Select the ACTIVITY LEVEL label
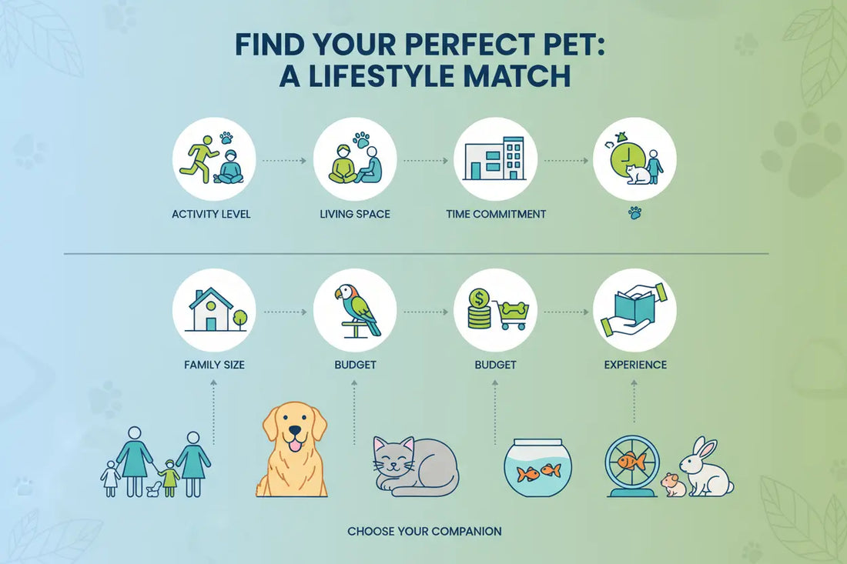click(x=211, y=214)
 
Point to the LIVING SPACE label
click(x=355, y=214)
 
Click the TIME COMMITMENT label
click(x=496, y=214)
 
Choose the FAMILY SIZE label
click(x=214, y=364)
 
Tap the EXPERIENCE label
click(x=635, y=364)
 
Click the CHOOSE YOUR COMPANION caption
click(x=424, y=531)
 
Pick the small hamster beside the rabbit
click(x=673, y=485)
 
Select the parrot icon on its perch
click(x=357, y=308)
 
